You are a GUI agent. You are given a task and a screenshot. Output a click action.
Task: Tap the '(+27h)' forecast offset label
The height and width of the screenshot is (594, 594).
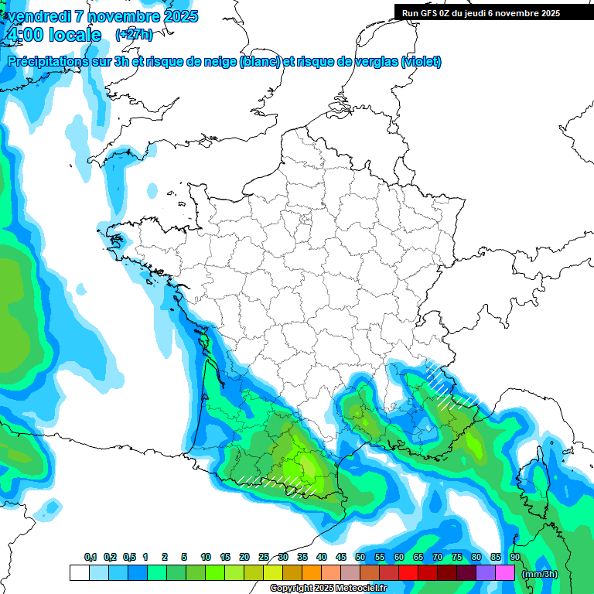[134, 35]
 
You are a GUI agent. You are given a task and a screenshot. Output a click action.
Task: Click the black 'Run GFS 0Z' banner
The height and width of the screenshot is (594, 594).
[482, 13]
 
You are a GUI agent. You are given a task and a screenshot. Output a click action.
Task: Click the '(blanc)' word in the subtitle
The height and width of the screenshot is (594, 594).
[260, 62]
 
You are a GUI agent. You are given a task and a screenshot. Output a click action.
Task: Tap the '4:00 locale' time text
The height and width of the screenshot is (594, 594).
[53, 35]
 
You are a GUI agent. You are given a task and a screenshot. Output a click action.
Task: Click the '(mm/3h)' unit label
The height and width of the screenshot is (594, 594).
[540, 574]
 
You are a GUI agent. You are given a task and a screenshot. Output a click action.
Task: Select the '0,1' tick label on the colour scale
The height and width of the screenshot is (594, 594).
[90, 558]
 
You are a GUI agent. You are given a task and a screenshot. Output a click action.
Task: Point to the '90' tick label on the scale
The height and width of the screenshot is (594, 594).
[514, 558]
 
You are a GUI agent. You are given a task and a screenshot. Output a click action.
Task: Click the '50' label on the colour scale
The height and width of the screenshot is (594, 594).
[360, 558]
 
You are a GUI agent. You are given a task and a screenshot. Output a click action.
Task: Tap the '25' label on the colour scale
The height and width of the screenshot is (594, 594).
[264, 558]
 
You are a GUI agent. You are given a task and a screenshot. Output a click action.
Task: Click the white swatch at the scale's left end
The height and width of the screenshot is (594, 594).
[79, 573]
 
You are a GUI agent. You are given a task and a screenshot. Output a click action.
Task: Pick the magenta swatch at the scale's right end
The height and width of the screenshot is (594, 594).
[505, 573]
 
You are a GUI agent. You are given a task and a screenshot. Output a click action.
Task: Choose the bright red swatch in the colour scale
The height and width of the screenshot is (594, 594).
[408, 573]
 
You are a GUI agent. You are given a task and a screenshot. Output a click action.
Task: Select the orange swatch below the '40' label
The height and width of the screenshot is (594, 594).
[312, 573]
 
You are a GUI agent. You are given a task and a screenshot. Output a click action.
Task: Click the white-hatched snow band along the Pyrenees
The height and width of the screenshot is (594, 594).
[278, 483]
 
